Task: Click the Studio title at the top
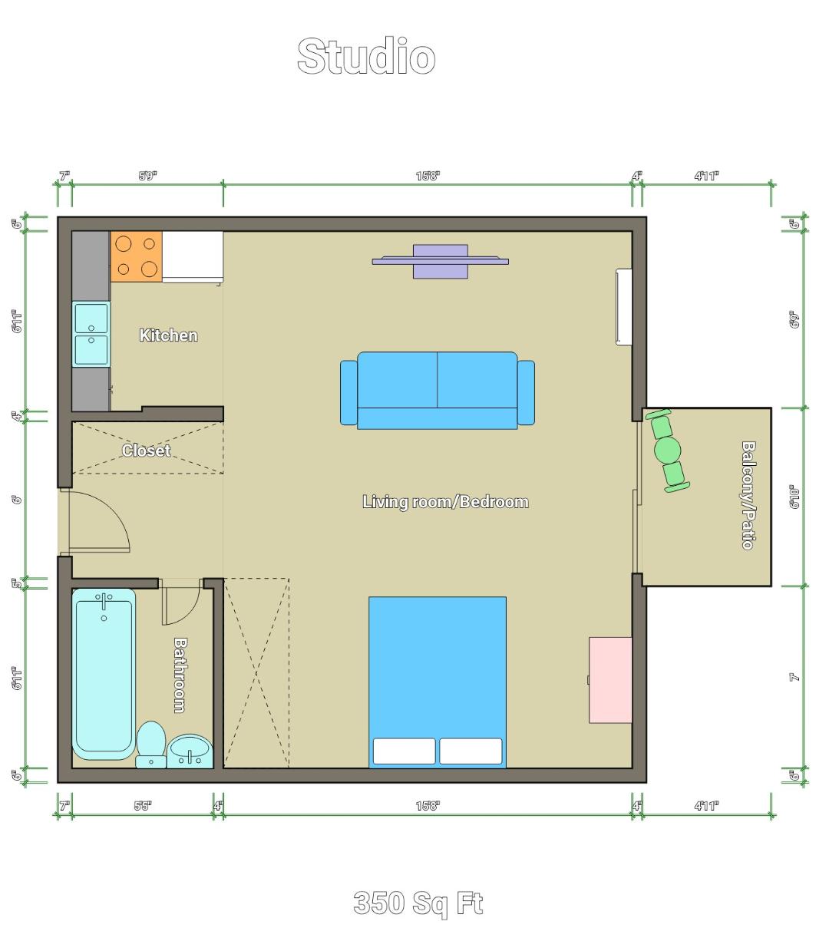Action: [x=366, y=57]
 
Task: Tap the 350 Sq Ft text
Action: [x=418, y=903]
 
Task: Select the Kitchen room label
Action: [x=168, y=335]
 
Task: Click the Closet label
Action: [x=146, y=451]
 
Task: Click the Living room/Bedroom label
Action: [x=445, y=502]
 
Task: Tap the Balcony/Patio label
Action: [x=748, y=494]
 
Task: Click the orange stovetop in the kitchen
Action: [x=137, y=256]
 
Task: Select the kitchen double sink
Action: [x=91, y=334]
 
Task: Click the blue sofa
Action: [x=438, y=390]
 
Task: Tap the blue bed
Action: [x=438, y=675]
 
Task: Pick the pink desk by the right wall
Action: [x=610, y=679]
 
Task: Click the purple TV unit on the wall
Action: [x=440, y=262]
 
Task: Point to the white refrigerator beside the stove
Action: [x=193, y=256]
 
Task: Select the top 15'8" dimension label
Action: [x=428, y=176]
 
